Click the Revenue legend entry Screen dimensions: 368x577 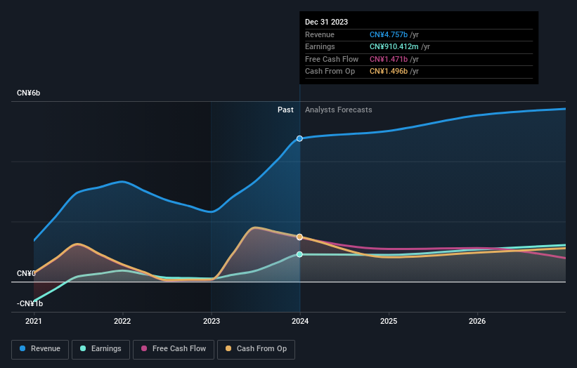point(41,348)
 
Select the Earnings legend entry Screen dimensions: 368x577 point(100,348)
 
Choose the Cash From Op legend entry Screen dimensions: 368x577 point(256,348)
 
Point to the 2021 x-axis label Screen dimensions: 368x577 point(34,321)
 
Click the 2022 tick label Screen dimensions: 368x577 point(122,321)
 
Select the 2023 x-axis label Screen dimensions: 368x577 point(212,321)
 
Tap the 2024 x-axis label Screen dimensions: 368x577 point(300,321)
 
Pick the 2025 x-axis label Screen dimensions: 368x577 point(389,321)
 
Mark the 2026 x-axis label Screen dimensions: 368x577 point(477,321)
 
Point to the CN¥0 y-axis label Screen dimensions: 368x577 point(27,273)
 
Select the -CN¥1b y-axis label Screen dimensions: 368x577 point(30,303)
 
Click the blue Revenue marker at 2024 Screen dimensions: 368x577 point(300,138)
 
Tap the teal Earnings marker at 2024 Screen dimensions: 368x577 point(300,254)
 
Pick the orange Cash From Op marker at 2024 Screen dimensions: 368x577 point(300,237)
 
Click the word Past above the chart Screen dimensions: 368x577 point(285,110)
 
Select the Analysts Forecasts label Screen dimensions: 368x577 point(338,110)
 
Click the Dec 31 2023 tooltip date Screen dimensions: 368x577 point(326,22)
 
